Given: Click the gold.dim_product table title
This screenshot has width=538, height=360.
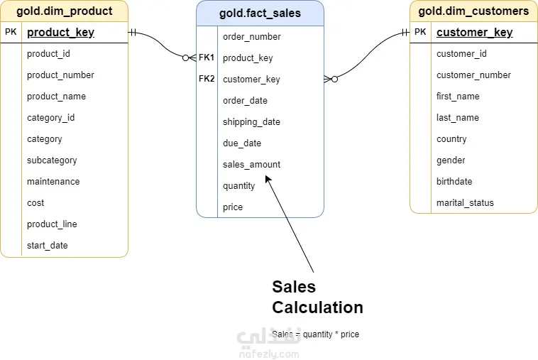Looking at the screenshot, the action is (65, 11).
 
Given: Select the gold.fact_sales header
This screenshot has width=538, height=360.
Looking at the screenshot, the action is (260, 13).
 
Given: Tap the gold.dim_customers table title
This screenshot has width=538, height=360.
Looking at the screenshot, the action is (473, 11).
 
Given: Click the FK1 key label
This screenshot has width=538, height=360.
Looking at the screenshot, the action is (207, 58).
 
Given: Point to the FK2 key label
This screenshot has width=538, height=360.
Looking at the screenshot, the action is (207, 79).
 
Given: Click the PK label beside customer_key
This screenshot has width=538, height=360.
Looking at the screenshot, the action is (420, 32).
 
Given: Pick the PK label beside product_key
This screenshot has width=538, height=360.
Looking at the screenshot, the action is (11, 32).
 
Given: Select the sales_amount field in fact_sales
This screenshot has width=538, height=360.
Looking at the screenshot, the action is (251, 165).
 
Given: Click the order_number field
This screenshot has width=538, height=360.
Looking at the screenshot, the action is (252, 37).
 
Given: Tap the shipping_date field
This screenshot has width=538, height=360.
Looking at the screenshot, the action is (251, 122).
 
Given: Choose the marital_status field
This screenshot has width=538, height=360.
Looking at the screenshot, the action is (465, 203).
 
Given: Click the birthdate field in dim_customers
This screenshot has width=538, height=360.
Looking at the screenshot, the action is (454, 182).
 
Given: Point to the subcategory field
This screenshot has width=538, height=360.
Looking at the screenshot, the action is (52, 160).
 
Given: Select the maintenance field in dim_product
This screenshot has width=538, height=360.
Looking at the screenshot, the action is (53, 182).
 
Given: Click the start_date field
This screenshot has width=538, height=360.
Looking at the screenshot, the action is (48, 246).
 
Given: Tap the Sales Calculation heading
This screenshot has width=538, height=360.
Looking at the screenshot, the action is (318, 297).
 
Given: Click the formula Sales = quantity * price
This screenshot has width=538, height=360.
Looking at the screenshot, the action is (315, 334).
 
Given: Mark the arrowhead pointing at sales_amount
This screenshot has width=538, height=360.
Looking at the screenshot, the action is (268, 179).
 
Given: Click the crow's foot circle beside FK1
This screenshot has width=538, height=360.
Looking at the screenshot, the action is (186, 58).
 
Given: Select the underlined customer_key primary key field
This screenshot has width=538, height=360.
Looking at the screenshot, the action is (475, 32).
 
